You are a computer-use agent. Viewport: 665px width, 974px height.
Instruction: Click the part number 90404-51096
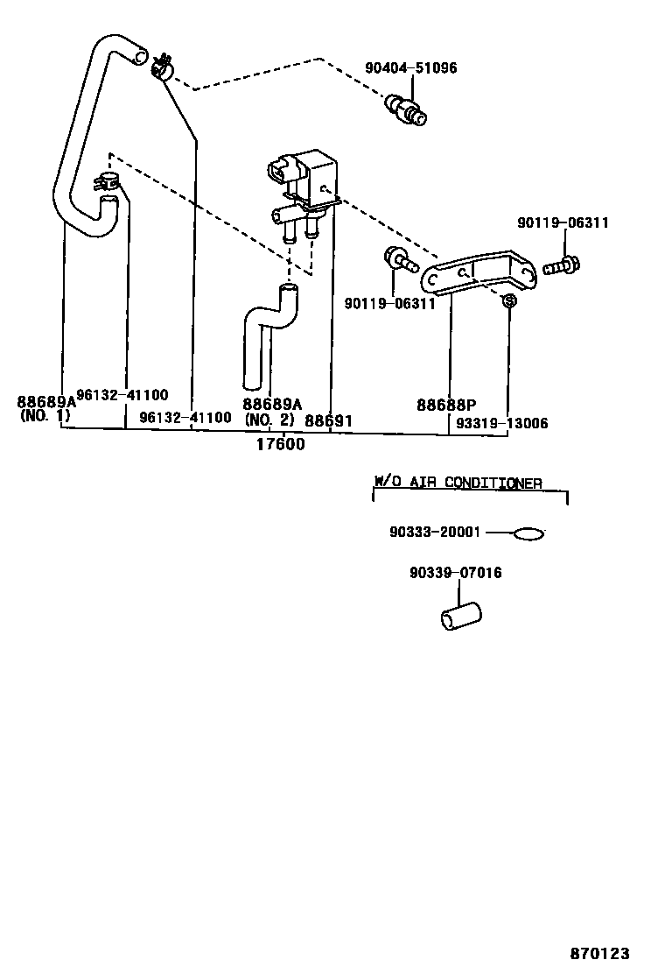click(x=410, y=68)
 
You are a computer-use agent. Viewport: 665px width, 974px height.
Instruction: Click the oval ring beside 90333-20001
click(x=529, y=533)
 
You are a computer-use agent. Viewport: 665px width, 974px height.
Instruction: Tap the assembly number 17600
click(x=280, y=444)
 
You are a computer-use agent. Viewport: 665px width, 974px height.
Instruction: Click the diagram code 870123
click(x=600, y=954)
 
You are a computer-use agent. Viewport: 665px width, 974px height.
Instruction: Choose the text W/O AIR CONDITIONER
click(x=458, y=483)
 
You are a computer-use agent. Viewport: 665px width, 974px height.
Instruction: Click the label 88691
click(x=328, y=421)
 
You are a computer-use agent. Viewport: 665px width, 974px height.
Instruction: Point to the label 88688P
click(x=445, y=405)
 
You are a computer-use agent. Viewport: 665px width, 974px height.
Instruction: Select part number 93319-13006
click(x=501, y=423)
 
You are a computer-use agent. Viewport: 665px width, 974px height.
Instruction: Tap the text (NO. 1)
click(x=45, y=416)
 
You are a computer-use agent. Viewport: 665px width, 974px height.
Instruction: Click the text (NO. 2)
click(x=271, y=420)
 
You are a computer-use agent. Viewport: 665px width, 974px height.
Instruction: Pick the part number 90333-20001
click(x=436, y=533)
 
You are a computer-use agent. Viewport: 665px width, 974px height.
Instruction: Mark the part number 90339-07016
click(x=455, y=573)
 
